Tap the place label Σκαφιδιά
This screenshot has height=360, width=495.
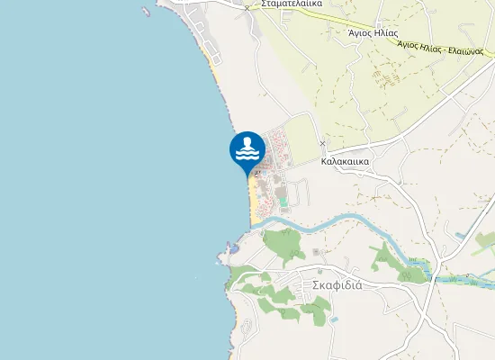click(337, 284)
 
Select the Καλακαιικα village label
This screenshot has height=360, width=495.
click(345, 162)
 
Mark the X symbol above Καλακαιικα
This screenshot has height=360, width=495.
click(322, 143)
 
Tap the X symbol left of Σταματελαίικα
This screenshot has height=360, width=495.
click(247, 8)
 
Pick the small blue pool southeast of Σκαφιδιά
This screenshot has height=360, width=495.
click(334, 319)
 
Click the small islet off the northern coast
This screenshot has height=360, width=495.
click(146, 12)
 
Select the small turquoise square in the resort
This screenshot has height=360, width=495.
click(283, 202)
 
